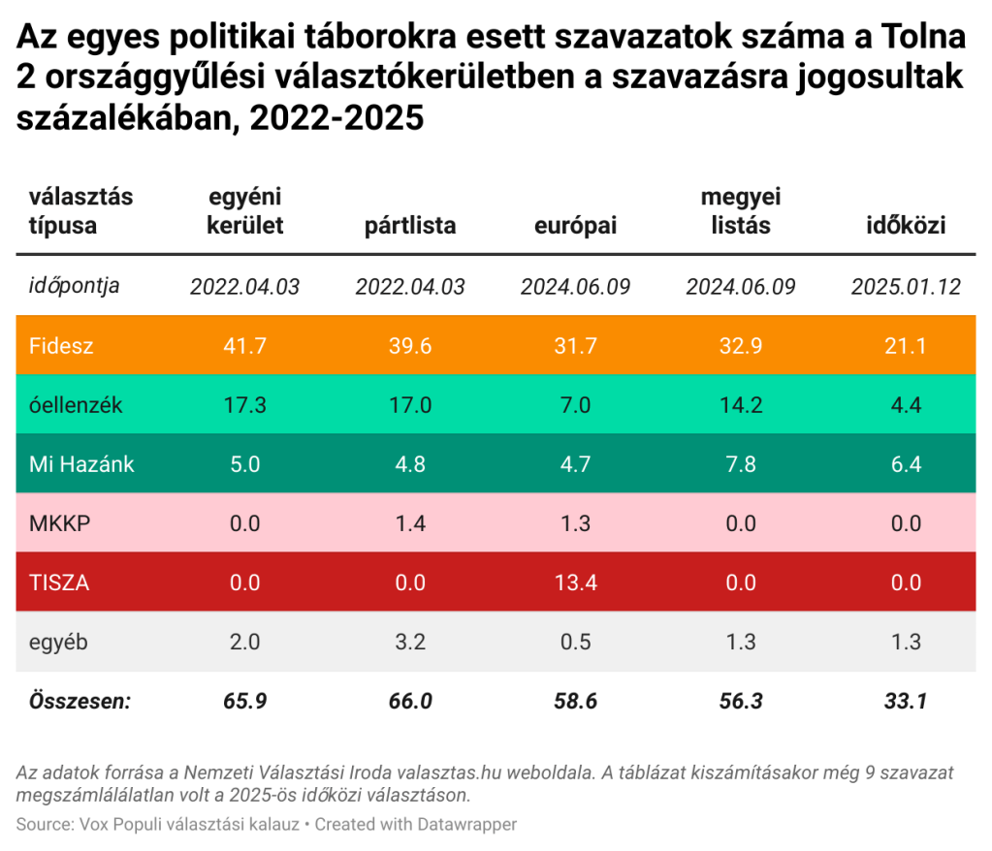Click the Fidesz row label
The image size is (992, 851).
[61, 345]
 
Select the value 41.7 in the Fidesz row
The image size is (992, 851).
[244, 345]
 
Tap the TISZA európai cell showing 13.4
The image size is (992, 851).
[575, 583]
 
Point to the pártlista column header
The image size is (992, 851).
[410, 227]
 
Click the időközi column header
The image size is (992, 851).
[905, 227]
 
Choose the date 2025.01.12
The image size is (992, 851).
[905, 287]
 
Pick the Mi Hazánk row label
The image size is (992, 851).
[81, 464]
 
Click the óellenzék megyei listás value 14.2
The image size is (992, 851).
[741, 405]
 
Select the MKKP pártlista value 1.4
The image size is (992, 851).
[410, 523]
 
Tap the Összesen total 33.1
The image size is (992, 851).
[905, 701]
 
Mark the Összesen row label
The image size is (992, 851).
[80, 701]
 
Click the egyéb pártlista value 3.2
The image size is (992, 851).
[410, 642]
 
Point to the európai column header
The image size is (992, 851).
[575, 227]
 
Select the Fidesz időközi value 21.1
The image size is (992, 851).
[905, 345]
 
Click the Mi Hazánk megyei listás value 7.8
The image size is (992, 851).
[741, 464]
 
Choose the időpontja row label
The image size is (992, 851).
[75, 286]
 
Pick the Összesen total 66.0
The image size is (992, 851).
[410, 701]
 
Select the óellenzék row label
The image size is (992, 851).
[76, 405]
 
